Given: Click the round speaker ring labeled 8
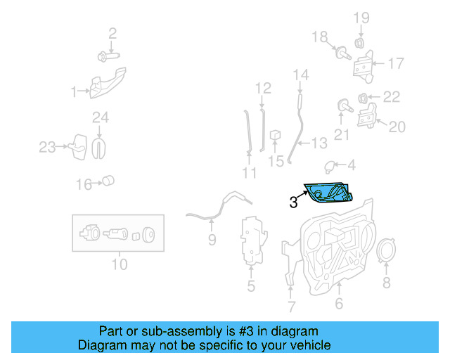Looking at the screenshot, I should tap(385, 253).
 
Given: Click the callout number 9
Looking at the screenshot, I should tap(212, 241).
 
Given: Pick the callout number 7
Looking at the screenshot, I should tap(292, 307).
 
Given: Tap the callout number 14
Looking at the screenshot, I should tap(300, 75).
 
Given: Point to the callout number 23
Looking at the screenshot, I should tap(47, 147).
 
